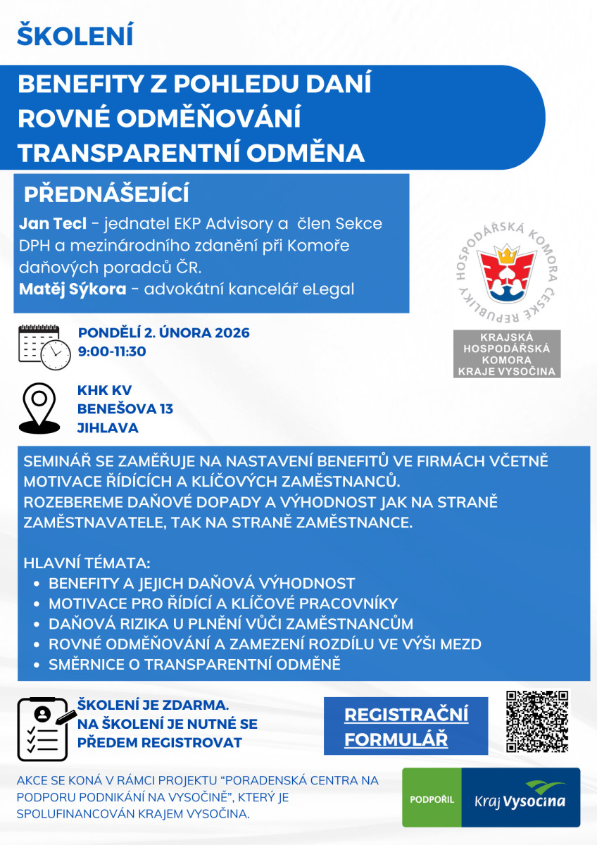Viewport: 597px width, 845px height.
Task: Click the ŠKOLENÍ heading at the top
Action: coord(75,35)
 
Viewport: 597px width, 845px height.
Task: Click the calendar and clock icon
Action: coord(44,347)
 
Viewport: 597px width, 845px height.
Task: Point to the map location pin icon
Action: coord(39,408)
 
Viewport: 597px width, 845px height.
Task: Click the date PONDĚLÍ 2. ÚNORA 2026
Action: coord(163,333)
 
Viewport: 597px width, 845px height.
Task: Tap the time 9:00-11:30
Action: coord(112,351)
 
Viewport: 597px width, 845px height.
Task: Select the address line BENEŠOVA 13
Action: coord(125,409)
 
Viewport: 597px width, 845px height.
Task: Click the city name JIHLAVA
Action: coord(108,427)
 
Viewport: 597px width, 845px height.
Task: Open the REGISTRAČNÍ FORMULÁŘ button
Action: coord(406,726)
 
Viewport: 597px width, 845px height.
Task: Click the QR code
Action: coord(536,722)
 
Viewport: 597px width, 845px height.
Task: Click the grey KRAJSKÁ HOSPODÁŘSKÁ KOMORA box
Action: coord(506,353)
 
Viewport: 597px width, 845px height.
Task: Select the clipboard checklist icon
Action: coord(44,727)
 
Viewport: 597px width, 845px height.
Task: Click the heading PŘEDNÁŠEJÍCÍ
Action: coord(106,195)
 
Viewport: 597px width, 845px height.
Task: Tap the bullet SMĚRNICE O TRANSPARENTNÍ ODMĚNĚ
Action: coord(194,664)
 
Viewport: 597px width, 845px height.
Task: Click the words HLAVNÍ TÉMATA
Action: coord(87,563)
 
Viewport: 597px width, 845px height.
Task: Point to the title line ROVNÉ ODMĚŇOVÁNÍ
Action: coord(159,118)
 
